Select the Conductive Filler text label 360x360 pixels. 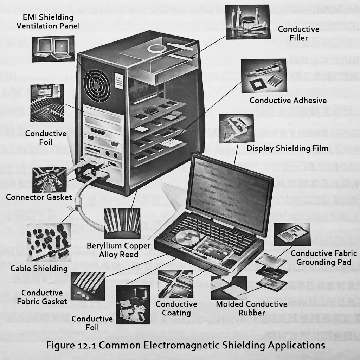click(298, 33)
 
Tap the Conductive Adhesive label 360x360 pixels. click(288, 101)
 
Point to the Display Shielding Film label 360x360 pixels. click(287, 148)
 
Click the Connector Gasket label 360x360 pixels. click(39, 197)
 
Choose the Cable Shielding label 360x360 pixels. click(39, 269)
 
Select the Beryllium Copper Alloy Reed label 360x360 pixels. click(118, 250)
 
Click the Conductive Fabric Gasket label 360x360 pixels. click(42, 297)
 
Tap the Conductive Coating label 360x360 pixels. click(176, 308)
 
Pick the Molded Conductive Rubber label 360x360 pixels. click(251, 308)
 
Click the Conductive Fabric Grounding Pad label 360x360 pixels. click(323, 258)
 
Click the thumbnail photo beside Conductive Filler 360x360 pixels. click(247, 22)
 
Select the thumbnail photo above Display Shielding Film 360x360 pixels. click(236, 128)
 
